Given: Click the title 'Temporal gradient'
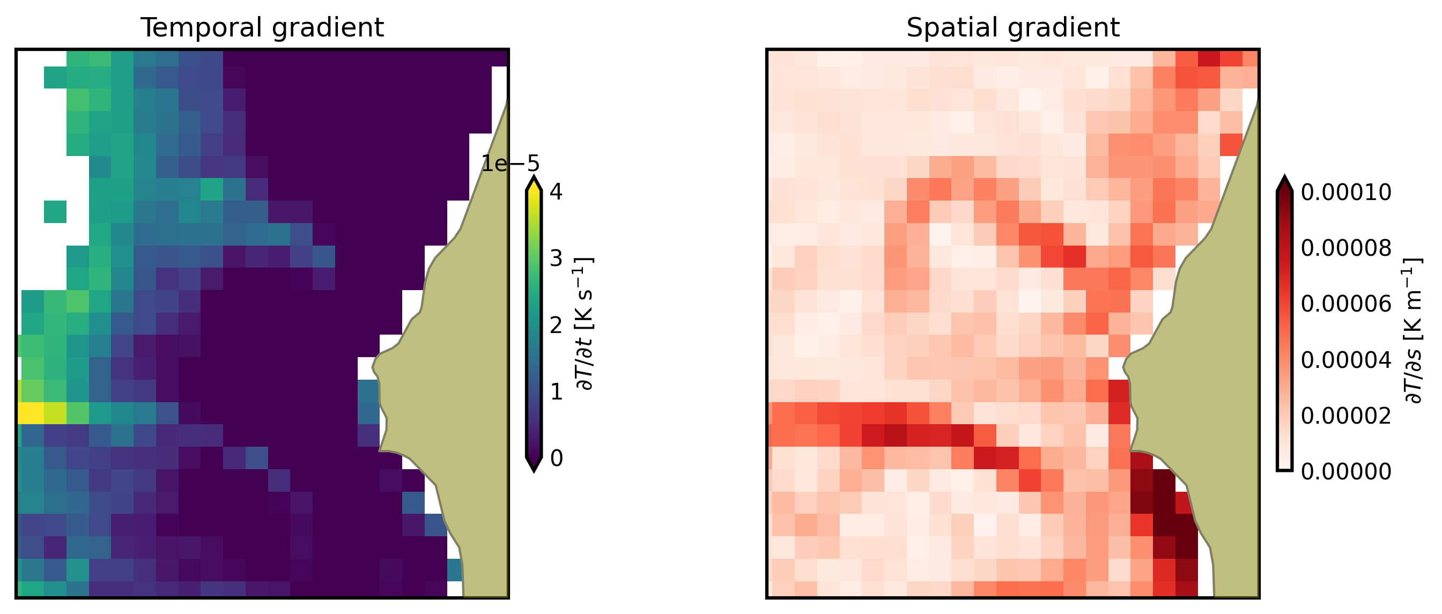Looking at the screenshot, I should pyautogui.click(x=262, y=27).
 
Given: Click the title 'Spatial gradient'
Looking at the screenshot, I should pyautogui.click(x=1012, y=27).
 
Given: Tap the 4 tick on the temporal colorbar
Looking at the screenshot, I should pyautogui.click(x=556, y=192).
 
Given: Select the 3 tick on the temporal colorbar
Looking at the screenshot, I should pyautogui.click(x=556, y=258).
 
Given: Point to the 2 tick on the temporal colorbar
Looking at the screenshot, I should pyautogui.click(x=556, y=325).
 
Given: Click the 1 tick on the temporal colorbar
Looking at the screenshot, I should pyautogui.click(x=556, y=392).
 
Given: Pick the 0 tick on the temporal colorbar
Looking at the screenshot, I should pyautogui.click(x=556, y=458).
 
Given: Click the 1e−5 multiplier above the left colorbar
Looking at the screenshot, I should pyautogui.click(x=511, y=164).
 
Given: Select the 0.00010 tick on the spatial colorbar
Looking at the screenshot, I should pyautogui.click(x=1345, y=192).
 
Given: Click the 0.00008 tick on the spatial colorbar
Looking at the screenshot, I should pyautogui.click(x=1345, y=248).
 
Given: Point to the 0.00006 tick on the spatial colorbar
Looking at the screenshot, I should pyautogui.click(x=1345, y=304).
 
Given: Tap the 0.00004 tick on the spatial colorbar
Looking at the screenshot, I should pyautogui.click(x=1345, y=360).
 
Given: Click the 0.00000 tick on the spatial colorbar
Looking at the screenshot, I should pyautogui.click(x=1345, y=472).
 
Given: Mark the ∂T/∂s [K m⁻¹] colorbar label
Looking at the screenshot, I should pyautogui.click(x=1413, y=330).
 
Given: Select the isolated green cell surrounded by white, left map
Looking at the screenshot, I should pyautogui.click(x=55, y=212).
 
